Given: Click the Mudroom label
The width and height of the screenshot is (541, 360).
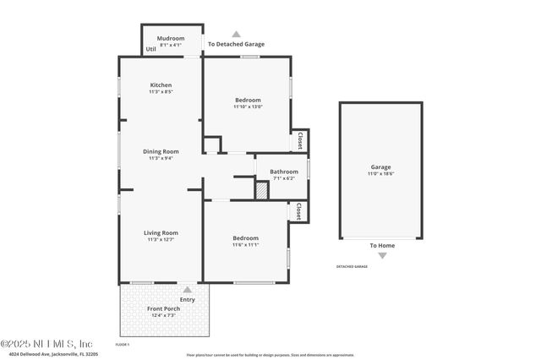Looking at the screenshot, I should pos(171,38).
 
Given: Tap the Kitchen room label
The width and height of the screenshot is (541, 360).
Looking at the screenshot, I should pos(161,85).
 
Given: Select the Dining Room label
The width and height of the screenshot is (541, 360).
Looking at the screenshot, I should pos(161,151).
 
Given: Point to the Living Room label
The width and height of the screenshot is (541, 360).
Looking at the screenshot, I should pos(161,232).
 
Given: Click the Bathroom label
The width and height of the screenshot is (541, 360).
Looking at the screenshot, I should pos(284,172).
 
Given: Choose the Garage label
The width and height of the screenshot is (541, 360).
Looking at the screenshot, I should pos(380,167).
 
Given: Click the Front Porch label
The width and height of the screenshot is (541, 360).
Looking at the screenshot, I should pos(164,308).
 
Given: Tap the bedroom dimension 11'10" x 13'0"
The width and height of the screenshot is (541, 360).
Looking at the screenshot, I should pos(248,107).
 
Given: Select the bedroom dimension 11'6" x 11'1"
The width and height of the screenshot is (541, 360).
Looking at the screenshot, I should pos(246,245).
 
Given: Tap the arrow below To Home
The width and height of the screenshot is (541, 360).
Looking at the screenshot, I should pos(382,255).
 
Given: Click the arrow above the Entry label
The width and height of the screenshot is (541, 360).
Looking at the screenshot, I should pos(187,290).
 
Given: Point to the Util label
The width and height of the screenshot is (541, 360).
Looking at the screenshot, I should pos(150,50).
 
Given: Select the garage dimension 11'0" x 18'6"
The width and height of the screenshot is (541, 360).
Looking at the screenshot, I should pos(380,174).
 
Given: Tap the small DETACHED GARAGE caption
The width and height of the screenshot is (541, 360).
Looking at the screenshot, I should pos(352,266).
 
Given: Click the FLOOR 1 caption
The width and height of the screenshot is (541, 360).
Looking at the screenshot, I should pos(122,344).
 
